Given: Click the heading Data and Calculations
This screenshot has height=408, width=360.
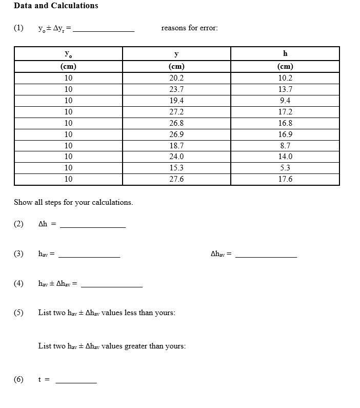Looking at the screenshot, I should tap(56, 6).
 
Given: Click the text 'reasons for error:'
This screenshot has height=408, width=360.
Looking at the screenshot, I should tap(189, 28).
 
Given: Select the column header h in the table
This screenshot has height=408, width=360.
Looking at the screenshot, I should tap(285, 53).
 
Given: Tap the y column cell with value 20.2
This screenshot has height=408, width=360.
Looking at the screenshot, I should tap(176, 78).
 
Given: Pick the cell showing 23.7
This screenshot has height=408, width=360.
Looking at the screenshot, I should tap(176, 89).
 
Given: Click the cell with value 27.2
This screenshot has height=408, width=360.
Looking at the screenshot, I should tap(176, 112).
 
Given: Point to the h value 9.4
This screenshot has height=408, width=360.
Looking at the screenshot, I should tap(285, 101).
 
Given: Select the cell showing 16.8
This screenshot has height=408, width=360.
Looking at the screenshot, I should tap(285, 123).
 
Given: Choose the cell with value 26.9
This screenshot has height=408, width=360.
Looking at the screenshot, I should tap(176, 134).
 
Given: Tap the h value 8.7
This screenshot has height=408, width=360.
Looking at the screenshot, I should tap(285, 146).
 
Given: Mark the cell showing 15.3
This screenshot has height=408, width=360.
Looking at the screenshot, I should tap(176, 168).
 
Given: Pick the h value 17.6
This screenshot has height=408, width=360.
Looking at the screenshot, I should tap(285, 179).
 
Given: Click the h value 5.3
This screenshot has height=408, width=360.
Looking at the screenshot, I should tap(285, 168).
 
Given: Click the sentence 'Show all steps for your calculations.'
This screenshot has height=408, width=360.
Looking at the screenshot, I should tap(73, 202).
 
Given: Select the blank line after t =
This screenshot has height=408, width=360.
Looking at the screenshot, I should tap(76, 382).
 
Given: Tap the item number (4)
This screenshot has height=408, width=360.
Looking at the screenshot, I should tap(19, 283).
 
